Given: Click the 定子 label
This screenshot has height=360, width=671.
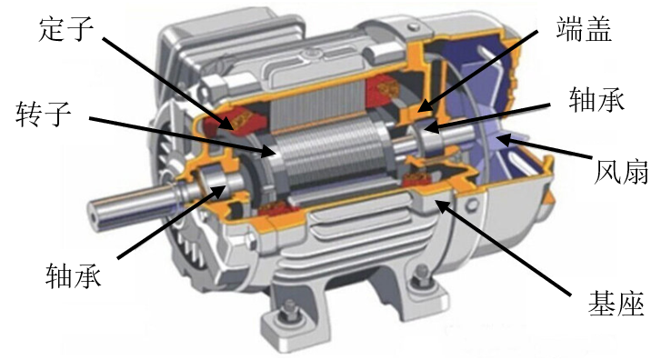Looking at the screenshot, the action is pyautogui.click(x=66, y=29).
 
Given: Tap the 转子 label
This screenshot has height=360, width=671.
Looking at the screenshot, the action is pyautogui.click(x=44, y=114).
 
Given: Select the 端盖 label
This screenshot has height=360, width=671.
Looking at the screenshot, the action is pyautogui.click(x=584, y=28).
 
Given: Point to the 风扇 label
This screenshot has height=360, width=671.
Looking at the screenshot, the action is pyautogui.click(x=621, y=172).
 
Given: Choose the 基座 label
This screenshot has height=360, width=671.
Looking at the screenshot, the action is pyautogui.click(x=616, y=304).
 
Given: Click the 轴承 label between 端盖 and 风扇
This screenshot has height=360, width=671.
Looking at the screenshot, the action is pyautogui.click(x=596, y=99).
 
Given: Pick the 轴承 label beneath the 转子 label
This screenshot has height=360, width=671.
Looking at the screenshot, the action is pyautogui.click(x=74, y=275).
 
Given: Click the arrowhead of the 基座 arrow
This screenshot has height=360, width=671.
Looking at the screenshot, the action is pyautogui.click(x=442, y=205).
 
